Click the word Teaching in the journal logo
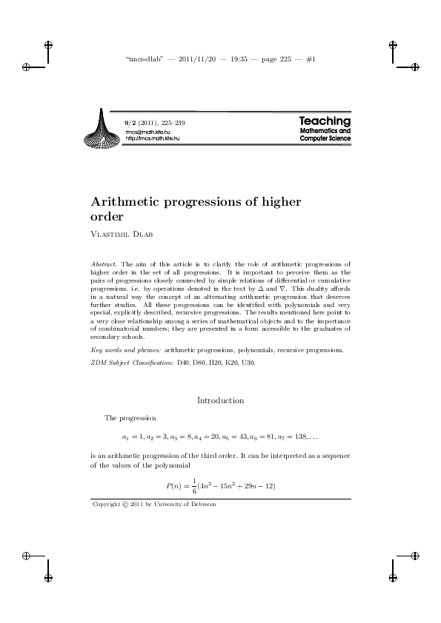325,120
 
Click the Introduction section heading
220,400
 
